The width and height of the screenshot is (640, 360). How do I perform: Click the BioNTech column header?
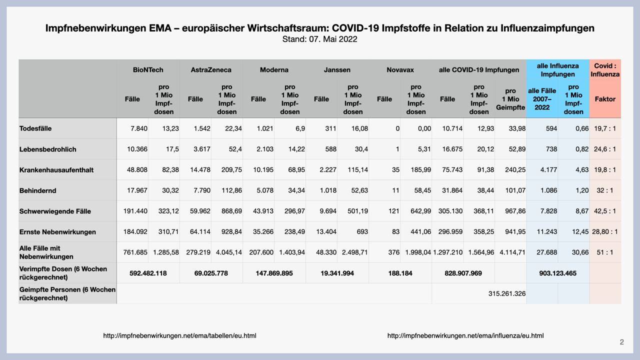point(148,69)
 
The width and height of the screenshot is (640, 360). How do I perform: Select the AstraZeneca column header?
point(211,69)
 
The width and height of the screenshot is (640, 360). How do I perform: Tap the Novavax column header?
point(400,69)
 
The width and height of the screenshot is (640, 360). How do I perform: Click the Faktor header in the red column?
point(605,99)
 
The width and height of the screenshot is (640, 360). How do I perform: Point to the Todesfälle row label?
point(35,128)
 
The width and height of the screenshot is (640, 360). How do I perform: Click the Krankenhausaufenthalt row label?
point(56,169)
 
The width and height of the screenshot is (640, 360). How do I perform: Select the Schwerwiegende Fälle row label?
point(55,211)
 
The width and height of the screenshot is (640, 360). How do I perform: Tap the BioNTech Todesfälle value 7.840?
point(139,128)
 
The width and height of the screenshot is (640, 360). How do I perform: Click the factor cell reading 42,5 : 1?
point(605,211)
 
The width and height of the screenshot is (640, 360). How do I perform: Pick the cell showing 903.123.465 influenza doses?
point(557,273)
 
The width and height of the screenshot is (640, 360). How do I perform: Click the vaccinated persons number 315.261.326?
point(507,293)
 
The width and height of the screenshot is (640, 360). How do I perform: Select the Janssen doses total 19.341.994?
point(337,273)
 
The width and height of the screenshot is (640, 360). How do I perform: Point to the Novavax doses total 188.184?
point(400,273)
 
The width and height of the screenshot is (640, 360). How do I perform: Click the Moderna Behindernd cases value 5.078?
point(265,190)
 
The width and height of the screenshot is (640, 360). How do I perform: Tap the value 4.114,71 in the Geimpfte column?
point(512,252)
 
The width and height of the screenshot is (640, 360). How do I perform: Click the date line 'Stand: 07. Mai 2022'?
point(319,39)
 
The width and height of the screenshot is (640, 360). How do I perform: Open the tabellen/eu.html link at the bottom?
point(179,335)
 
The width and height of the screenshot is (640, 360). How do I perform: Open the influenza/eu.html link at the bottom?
point(465,335)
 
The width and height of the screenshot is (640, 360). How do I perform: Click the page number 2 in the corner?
point(621,342)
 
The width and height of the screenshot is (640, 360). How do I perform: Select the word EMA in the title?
point(160,28)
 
